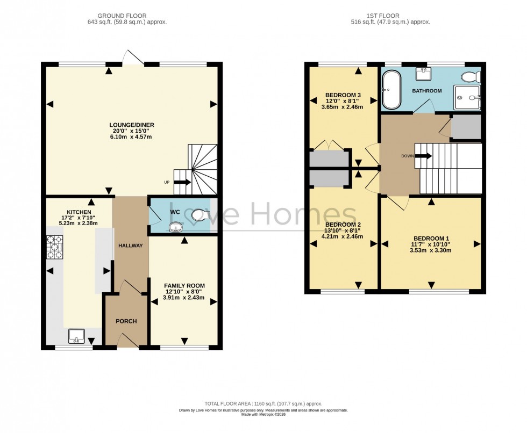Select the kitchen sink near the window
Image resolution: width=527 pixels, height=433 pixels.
[x=76, y=336]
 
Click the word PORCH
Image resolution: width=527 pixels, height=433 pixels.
[x=126, y=321]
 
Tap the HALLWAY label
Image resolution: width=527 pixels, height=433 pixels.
[x=131, y=246]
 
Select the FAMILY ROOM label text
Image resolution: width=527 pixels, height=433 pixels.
[x=184, y=285]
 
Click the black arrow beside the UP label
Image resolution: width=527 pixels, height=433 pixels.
[x=182, y=182]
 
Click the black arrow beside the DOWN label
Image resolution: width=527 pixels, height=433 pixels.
[x=424, y=156]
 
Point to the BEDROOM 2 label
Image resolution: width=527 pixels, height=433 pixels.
[x=343, y=225]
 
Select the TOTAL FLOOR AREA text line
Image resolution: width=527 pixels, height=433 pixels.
[x=263, y=403]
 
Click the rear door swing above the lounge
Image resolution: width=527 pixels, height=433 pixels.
[x=132, y=57]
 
